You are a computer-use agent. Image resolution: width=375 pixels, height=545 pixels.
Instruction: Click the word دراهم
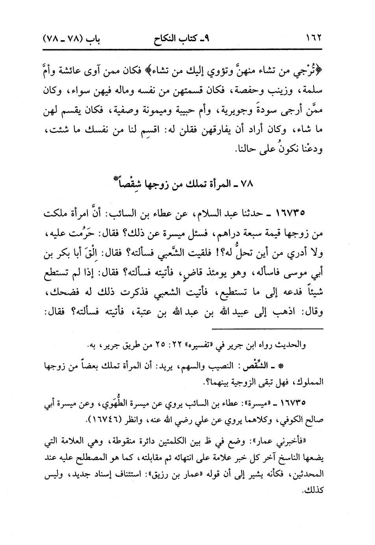tap(226, 234)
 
